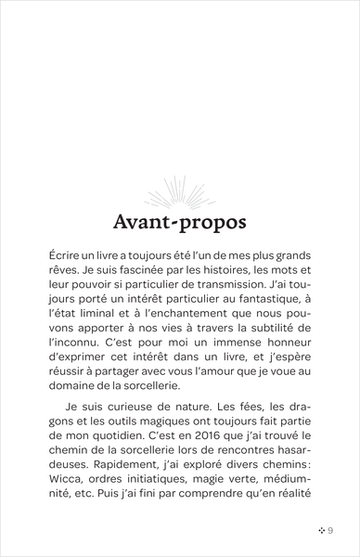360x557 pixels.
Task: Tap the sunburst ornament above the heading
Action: coord(180,195)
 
